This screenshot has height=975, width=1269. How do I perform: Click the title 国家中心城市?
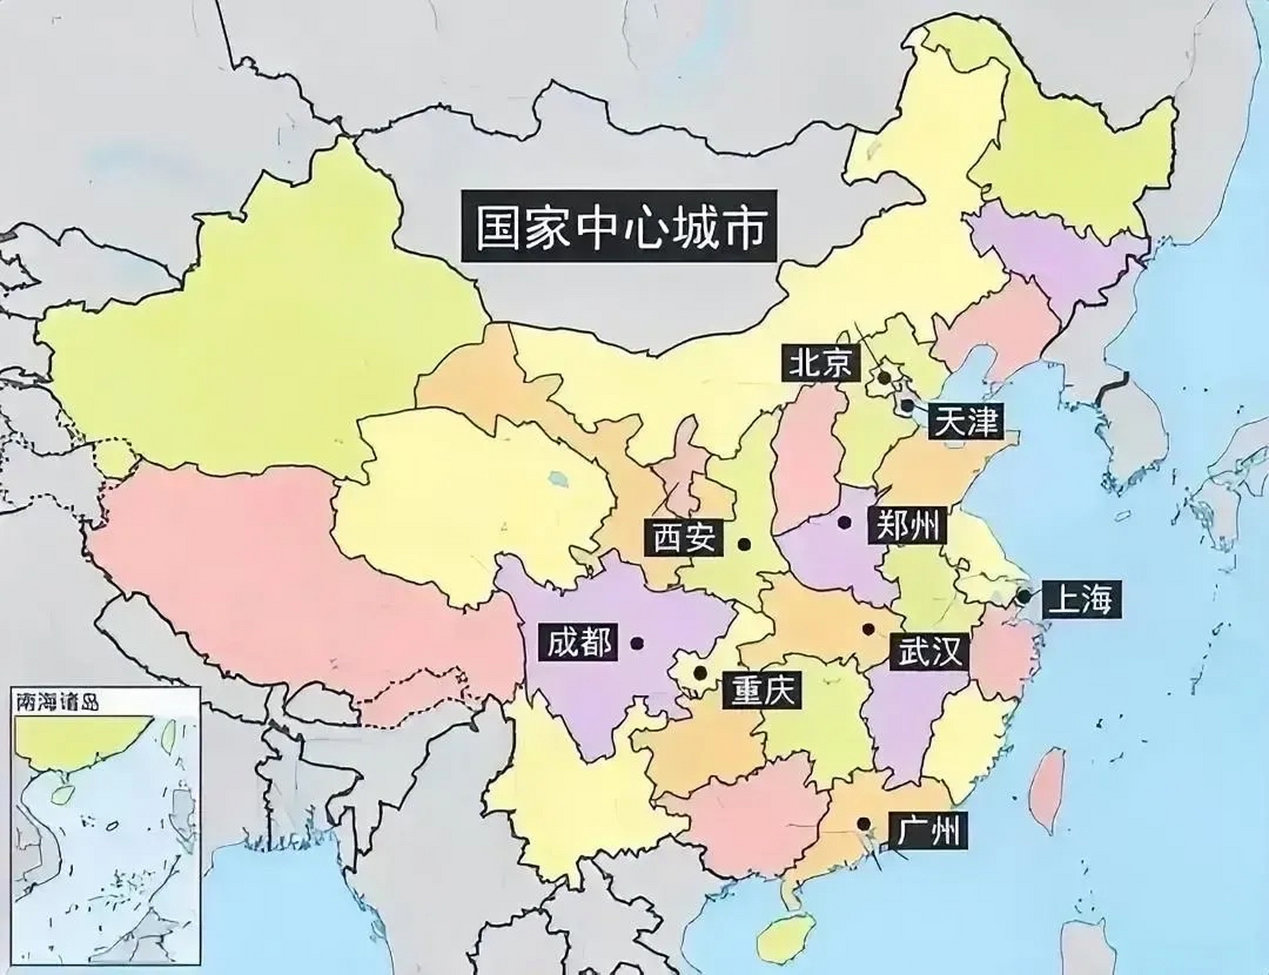coord(619,227)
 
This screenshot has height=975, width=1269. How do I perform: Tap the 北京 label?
coord(820,363)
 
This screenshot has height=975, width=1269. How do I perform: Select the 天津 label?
coord(966,420)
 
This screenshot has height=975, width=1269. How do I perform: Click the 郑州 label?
coord(906,525)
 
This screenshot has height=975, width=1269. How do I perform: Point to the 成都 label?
coord(579,643)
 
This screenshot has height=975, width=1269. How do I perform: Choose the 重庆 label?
coord(762,691)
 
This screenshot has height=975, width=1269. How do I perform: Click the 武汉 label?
coord(929,652)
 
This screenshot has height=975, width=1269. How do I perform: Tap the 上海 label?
coord(1080,599)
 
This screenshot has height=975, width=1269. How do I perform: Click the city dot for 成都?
coord(638,644)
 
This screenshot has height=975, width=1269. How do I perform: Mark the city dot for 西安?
coord(744,545)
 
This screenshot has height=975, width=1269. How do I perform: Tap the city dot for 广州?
coord(863,823)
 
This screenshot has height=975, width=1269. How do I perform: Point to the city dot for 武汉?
coord(868,629)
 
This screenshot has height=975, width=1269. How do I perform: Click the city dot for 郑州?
coord(844,523)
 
